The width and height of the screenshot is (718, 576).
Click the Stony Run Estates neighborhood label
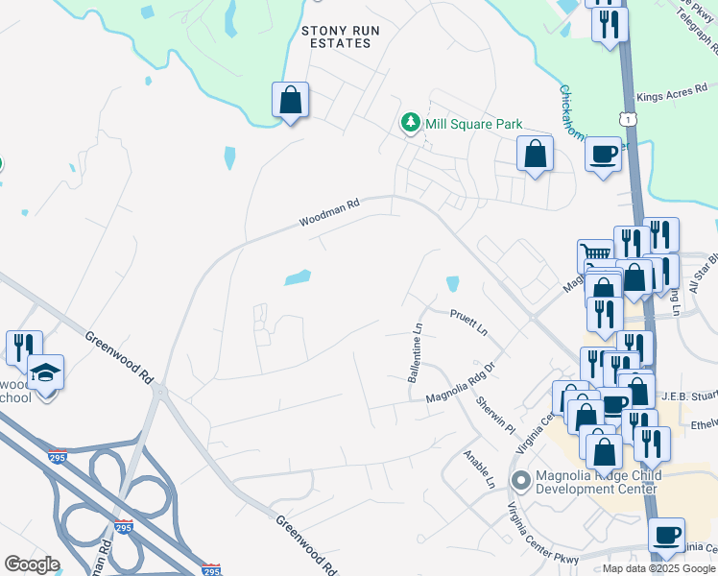click(341, 37)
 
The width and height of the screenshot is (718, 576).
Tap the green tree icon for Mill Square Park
click(411, 123)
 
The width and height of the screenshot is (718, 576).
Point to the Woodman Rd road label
click(328, 213)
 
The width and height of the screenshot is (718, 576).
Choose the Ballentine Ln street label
click(416, 352)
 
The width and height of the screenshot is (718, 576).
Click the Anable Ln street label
click(477, 468)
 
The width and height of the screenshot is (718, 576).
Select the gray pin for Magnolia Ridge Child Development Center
click(521, 479)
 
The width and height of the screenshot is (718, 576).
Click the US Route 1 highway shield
click(628, 118)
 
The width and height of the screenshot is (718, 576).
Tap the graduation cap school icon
click(45, 371)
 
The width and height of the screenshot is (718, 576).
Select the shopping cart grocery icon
click(594, 256)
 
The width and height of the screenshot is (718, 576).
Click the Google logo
click(32, 564)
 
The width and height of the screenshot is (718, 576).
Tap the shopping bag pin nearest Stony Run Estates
click(290, 99)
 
